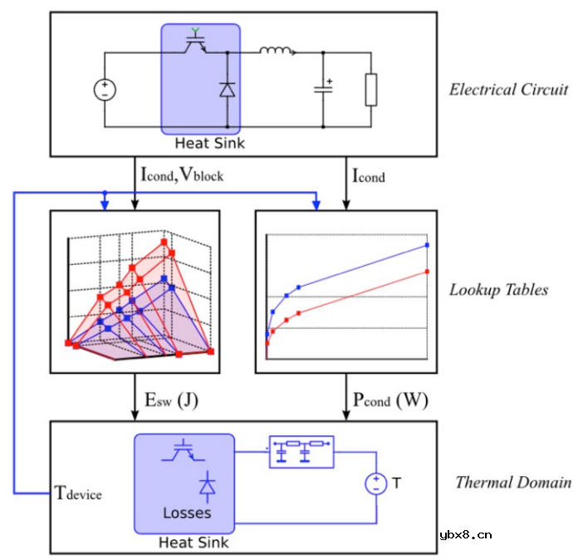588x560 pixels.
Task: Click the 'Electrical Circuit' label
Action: tap(508, 90)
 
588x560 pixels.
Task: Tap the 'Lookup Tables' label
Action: tap(498, 290)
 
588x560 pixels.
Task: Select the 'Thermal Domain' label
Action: tap(512, 482)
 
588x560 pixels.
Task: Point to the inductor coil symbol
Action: tap(276, 52)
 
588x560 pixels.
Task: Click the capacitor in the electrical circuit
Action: tap(323, 89)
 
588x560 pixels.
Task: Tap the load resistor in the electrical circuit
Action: tap(371, 90)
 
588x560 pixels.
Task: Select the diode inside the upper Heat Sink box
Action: tap(227, 90)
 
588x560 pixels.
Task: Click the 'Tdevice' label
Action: tap(78, 493)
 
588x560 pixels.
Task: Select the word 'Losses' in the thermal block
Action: tap(186, 513)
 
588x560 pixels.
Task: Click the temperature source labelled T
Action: tap(375, 483)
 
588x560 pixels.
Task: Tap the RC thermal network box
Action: tap(301, 451)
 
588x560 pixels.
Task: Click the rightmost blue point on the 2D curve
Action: tap(427, 245)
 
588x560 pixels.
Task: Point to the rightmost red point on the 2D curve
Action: tap(427, 272)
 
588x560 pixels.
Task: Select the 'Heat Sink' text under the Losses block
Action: tap(194, 543)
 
